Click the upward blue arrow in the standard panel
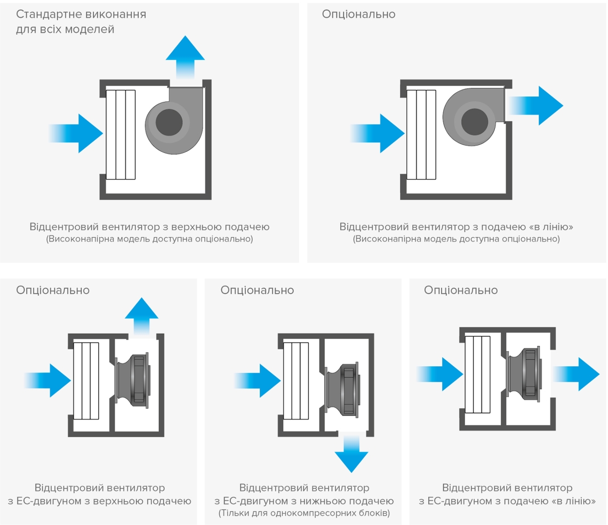tap(185, 53)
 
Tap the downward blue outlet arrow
tap(351, 453)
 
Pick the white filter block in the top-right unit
tap(421, 134)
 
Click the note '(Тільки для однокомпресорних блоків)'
tap(304, 513)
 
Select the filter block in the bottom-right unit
tap(477, 375)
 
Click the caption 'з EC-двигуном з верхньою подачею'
tap(99, 501)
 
